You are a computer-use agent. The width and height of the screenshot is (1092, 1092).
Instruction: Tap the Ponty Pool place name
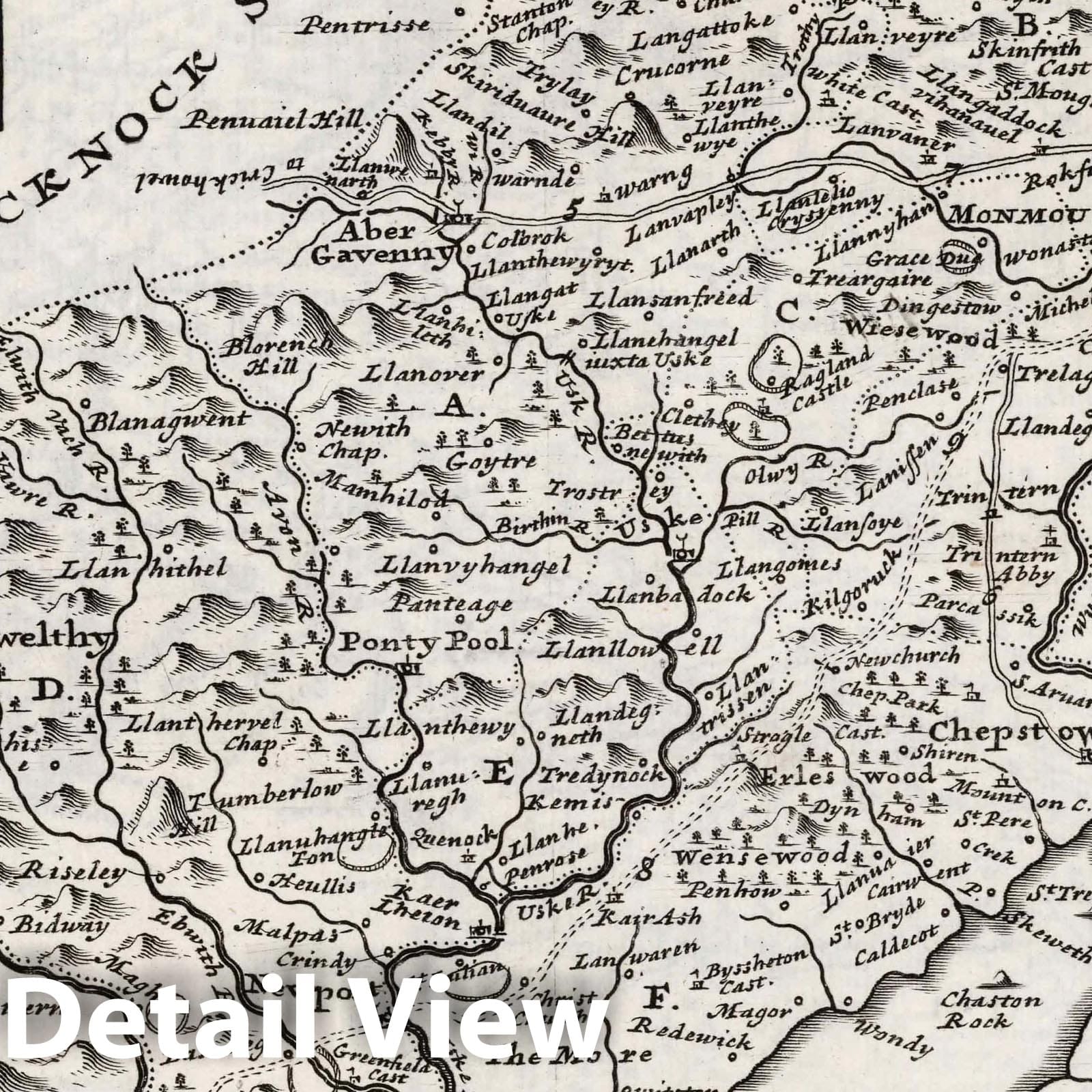(x=427, y=642)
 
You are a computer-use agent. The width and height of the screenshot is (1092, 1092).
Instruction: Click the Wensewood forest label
(x=767, y=856)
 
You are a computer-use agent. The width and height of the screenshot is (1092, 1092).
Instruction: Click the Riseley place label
(x=74, y=872)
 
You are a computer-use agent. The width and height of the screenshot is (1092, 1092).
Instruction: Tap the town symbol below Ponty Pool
(x=410, y=668)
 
